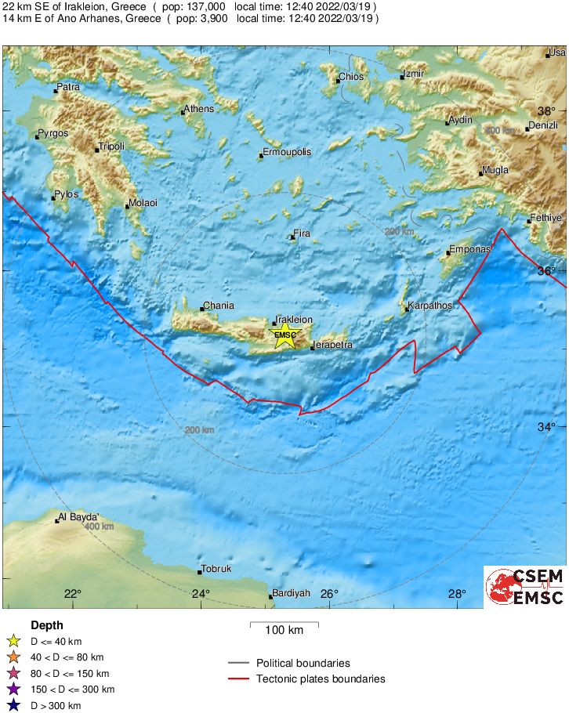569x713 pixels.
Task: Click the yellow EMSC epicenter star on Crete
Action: click(x=284, y=336)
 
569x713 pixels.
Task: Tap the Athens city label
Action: click(x=198, y=109)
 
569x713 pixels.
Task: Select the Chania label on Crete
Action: click(x=218, y=306)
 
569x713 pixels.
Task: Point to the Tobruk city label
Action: click(x=216, y=569)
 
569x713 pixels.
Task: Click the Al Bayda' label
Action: click(x=79, y=517)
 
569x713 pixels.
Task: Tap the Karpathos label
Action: click(x=431, y=306)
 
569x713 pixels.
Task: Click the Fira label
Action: click(x=302, y=233)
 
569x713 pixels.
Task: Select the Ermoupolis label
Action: click(x=287, y=152)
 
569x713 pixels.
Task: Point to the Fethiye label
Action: click(x=546, y=218)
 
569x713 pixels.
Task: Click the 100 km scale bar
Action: click(x=284, y=625)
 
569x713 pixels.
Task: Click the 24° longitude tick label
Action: click(x=201, y=593)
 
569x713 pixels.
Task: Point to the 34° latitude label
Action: click(x=545, y=427)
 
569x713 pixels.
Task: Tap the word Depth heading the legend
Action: click(x=47, y=625)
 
